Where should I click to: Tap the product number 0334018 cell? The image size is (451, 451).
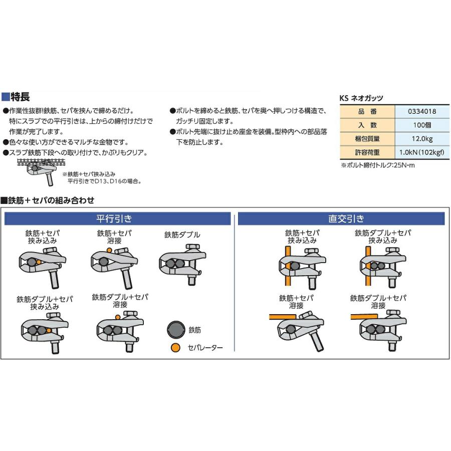point(418,112)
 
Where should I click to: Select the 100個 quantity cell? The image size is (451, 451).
point(418,125)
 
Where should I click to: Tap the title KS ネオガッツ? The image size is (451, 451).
point(361,99)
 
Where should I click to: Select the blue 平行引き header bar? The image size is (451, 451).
point(118,218)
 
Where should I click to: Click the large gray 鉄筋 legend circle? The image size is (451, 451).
point(176,330)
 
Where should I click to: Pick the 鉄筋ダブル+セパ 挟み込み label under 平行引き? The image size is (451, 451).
point(45,303)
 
